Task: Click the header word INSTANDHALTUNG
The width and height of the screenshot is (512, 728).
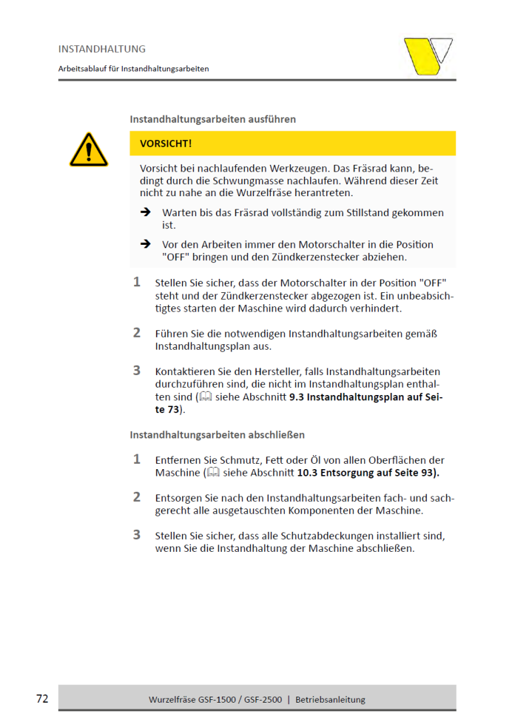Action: coord(101,49)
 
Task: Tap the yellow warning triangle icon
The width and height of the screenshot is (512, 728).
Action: coord(88,150)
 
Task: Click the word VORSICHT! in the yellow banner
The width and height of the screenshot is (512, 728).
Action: coord(166,143)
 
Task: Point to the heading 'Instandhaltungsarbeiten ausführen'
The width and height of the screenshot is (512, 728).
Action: coord(213,119)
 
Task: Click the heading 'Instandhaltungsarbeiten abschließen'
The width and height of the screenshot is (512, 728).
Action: coord(217,435)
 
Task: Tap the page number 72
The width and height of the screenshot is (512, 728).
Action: coord(42,699)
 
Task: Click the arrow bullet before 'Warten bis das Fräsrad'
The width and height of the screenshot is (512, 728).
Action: coord(145,212)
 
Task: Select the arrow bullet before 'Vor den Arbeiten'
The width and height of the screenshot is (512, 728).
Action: coord(145,244)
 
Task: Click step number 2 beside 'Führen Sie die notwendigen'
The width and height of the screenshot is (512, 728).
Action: coord(137,333)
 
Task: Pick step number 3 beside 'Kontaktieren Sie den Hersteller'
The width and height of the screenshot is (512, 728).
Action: coord(137,371)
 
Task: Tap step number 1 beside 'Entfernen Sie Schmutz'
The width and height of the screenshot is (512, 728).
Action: coord(137,460)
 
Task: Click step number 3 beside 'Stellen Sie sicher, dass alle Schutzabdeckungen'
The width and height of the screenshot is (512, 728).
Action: coord(137,535)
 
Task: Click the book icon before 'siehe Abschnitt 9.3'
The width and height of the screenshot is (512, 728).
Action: coord(206,397)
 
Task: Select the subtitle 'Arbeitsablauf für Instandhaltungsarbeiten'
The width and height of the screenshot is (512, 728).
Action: coord(133,69)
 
